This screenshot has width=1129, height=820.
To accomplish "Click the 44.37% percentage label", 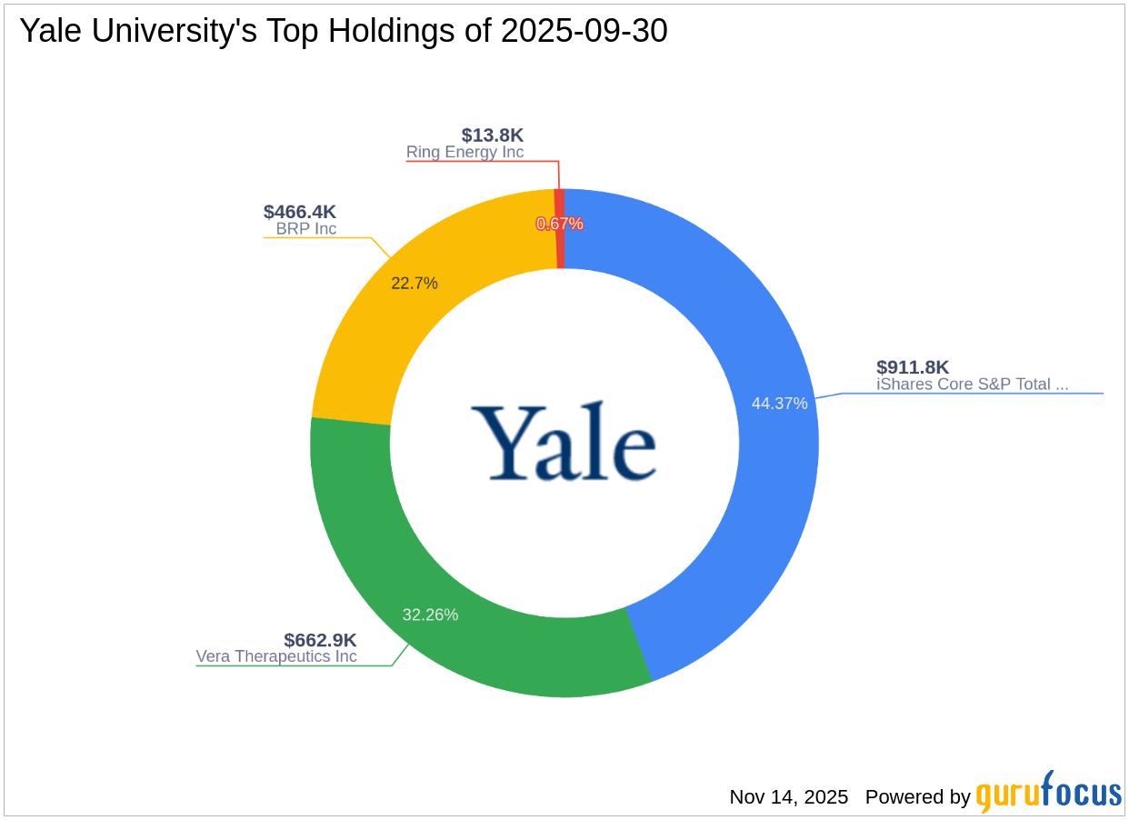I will [779, 404].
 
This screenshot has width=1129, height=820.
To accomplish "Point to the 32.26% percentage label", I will [430, 615].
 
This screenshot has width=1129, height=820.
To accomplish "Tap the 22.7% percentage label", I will [415, 284].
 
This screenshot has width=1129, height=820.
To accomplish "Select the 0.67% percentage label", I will [559, 224].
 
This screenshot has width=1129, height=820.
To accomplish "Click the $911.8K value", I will [912, 367].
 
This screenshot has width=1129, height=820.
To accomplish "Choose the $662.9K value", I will [320, 640].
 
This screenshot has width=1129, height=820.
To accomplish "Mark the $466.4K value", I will [300, 212].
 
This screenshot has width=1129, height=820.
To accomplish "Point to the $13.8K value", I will [492, 135].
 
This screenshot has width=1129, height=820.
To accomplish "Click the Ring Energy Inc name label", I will [465, 153].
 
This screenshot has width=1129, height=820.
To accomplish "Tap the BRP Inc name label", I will [306, 229].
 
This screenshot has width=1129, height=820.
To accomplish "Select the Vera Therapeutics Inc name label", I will [276, 656].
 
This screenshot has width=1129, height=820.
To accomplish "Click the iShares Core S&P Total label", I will [972, 385].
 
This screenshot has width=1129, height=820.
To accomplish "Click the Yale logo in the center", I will [564, 443].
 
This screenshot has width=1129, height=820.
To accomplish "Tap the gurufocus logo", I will [1048, 794].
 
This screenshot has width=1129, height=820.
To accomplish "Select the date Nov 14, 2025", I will [788, 797].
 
